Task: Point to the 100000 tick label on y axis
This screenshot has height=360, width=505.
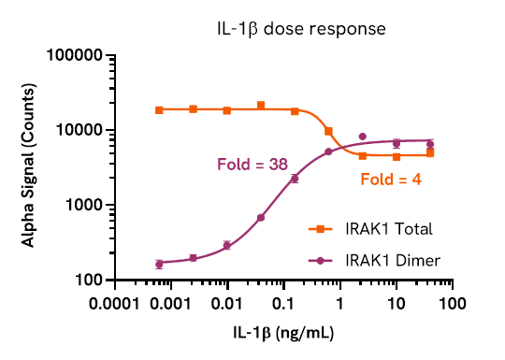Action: (73, 56)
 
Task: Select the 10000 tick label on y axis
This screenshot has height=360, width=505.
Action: (78, 130)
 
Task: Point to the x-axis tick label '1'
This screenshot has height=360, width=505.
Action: (339, 305)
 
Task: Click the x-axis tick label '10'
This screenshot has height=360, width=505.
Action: (396, 305)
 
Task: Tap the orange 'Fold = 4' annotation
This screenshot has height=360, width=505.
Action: (391, 178)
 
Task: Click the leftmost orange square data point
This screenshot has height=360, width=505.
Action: (159, 110)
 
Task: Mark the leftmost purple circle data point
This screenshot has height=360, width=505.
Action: (159, 264)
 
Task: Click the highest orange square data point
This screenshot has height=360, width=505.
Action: (261, 106)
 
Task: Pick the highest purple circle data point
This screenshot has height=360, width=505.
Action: (362, 137)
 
